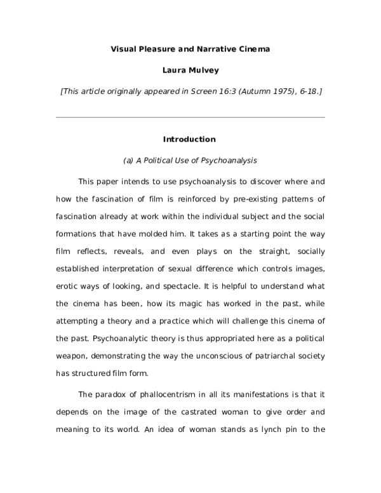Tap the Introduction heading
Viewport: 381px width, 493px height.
tap(189, 139)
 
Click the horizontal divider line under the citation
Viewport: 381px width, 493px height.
tap(190, 117)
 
